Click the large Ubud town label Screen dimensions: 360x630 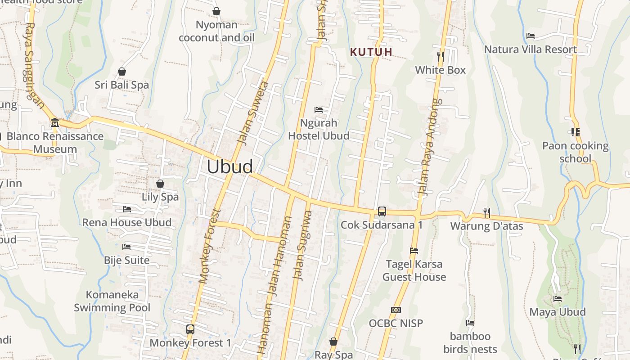pos(229,167)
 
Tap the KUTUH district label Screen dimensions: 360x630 pos(371,52)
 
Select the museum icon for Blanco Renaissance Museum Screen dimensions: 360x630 pos(55,122)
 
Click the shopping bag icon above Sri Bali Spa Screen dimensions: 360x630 pos(121,72)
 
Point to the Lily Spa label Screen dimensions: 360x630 pos(160,197)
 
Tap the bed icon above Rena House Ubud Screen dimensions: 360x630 pos(127,209)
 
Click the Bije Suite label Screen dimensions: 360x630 pos(127,260)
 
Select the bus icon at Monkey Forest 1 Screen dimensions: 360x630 pos(190,329)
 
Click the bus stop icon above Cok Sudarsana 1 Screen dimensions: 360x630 pos(382,211)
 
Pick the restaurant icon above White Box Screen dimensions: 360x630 pos(441,56)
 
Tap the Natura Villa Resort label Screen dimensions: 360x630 pos(531,49)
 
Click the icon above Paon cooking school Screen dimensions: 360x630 pos(575,132)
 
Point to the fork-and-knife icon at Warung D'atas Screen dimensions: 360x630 pos(486,212)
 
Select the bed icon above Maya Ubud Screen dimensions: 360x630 pos(558,299)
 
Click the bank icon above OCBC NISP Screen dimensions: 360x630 pos(396,310)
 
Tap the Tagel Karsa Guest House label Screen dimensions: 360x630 pos(414,270)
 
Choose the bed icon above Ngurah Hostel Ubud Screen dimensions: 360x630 pos(319,110)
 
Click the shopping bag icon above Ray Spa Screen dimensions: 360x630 pos(333,342)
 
